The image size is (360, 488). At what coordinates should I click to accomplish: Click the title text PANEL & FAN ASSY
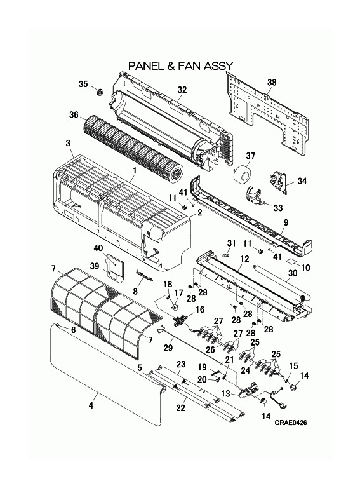pyautogui.click(x=181, y=65)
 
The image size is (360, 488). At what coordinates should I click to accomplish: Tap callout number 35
pyautogui.click(x=83, y=84)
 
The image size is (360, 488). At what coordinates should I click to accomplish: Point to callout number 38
pyautogui.click(x=271, y=82)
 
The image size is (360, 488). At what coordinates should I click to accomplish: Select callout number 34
pyautogui.click(x=302, y=181)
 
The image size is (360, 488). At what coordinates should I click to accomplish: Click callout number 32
pyautogui.click(x=182, y=90)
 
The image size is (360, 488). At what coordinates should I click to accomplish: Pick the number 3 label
pyautogui.click(x=67, y=145)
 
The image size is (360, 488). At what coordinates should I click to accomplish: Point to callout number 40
pyautogui.click(x=98, y=248)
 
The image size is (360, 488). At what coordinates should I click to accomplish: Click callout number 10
pyautogui.click(x=305, y=268)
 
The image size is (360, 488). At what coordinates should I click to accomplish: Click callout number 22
pyautogui.click(x=181, y=407)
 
